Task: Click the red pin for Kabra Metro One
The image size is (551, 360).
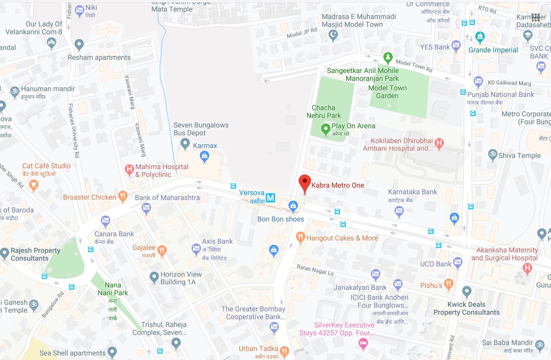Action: tap(305, 182)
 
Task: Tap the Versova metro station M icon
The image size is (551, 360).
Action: tap(270, 198)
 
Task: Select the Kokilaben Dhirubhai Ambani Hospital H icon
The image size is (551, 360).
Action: tap(440, 144)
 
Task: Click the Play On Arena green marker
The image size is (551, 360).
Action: tap(325, 129)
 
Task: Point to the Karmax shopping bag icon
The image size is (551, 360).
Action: tap(204, 156)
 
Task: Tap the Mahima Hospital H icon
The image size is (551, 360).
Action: tap(130, 169)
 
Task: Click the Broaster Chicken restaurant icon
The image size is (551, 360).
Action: tap(122, 197)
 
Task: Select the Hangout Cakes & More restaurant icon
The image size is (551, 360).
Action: tap(300, 237)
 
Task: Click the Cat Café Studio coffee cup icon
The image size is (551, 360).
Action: tap(34, 185)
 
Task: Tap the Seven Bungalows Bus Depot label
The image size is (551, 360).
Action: tap(201, 129)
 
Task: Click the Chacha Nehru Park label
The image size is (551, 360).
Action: tap(324, 112)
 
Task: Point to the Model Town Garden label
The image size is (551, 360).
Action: tap(387, 92)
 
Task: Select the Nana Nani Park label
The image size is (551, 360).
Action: tap(113, 289)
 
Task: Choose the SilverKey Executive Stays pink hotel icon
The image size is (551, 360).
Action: tap(363, 344)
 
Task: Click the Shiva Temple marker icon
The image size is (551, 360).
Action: tap(492, 155)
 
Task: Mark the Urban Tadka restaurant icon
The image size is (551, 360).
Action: tap(284, 351)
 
